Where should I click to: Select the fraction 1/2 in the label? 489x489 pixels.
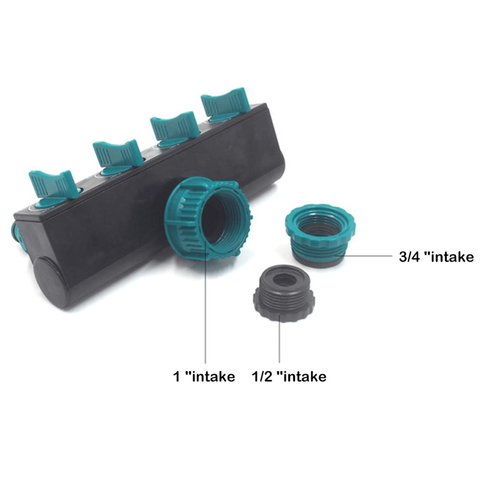262,377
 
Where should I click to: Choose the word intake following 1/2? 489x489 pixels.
306,377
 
